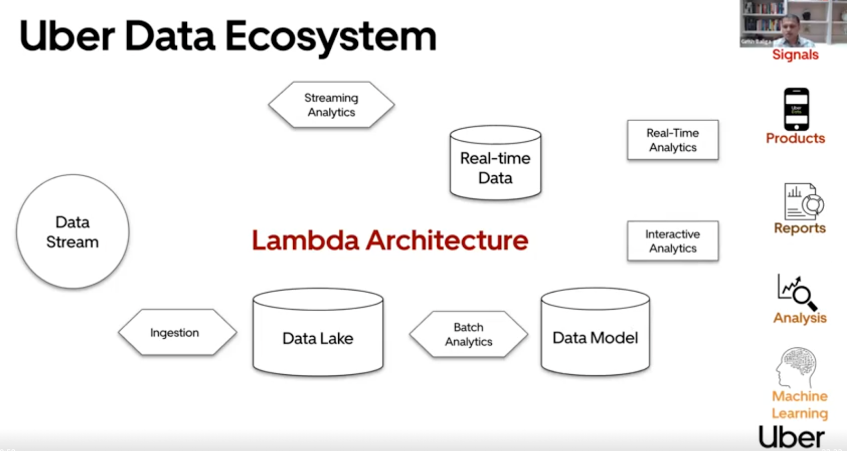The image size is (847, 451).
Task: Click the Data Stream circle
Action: coord(73,232)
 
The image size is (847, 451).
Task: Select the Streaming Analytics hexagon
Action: coord(331,105)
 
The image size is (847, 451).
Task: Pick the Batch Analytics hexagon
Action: coord(468,335)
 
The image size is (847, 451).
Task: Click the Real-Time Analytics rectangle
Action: coord(673,140)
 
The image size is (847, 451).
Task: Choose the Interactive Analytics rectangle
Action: coord(673,241)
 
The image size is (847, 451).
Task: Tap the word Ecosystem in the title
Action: coord(331,37)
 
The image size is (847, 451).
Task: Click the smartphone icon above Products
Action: coord(796,109)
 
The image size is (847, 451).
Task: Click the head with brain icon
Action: coord(797,367)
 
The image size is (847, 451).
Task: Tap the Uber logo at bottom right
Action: coord(791,437)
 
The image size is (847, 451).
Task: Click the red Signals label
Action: coord(795,55)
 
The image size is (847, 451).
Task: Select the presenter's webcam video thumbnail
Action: coord(792,23)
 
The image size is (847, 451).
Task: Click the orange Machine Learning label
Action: coord(799,405)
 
